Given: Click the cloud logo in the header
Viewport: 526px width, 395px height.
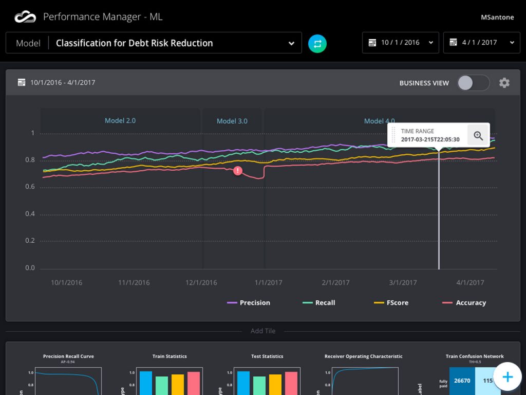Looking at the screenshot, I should [25, 17].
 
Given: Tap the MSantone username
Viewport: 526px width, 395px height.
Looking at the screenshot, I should [497, 17].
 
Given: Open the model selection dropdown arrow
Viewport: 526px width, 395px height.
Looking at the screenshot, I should [291, 43].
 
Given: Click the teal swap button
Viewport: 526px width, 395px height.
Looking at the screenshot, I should [317, 43].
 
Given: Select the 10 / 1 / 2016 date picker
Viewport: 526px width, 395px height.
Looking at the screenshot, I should [401, 43].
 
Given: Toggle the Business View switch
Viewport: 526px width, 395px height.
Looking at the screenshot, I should [473, 83].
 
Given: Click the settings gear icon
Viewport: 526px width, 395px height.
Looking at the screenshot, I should [504, 83].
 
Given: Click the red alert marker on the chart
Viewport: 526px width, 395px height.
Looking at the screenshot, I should [237, 171].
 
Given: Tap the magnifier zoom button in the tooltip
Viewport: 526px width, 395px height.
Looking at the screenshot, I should [478, 135].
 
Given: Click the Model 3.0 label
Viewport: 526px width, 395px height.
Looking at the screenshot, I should [232, 121].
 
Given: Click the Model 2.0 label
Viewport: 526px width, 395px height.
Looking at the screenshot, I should [120, 120].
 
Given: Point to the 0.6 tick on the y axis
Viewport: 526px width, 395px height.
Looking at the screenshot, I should [30, 187].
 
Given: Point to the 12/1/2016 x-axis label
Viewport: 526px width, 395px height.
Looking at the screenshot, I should [201, 282].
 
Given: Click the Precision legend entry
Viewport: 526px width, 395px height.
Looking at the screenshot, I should [249, 302].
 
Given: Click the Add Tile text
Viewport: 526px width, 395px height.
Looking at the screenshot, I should [262, 331].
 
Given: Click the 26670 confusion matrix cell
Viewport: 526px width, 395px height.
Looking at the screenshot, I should [462, 381].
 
